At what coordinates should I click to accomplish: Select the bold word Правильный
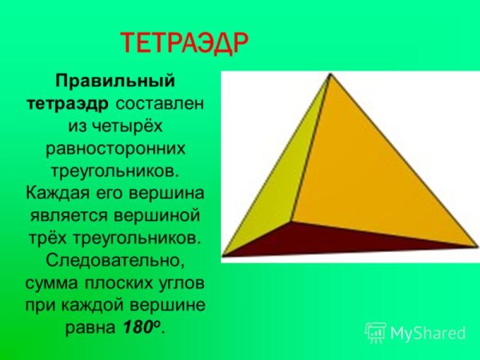pyautogui.click(x=114, y=82)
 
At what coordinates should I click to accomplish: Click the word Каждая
pyautogui.click(x=57, y=194)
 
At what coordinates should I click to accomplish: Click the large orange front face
pyautogui.click(x=368, y=168)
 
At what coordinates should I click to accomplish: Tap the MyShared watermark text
pyautogui.click(x=426, y=332)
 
